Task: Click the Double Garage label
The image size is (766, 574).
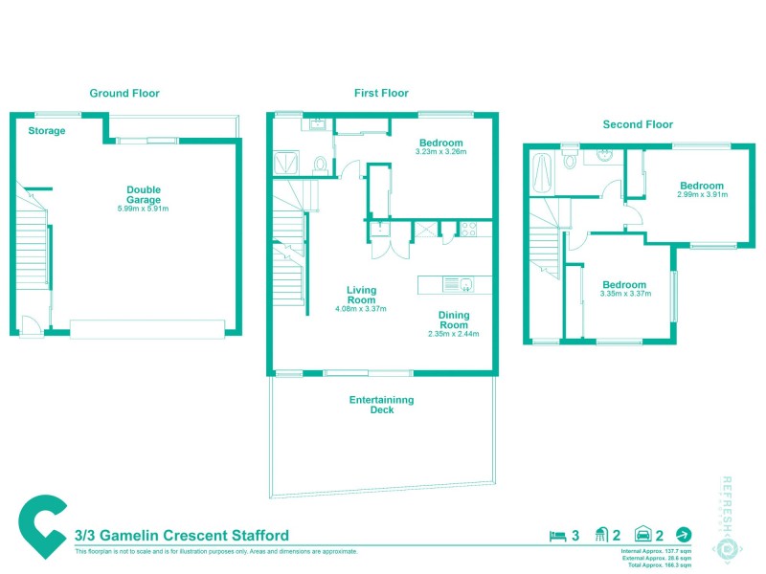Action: pyautogui.click(x=144, y=194)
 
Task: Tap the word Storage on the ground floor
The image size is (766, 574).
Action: pyautogui.click(x=47, y=131)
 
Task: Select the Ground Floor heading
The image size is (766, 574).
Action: pyautogui.click(x=124, y=93)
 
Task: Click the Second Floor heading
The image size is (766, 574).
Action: pyautogui.click(x=638, y=124)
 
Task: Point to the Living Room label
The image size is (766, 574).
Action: pyautogui.click(x=361, y=295)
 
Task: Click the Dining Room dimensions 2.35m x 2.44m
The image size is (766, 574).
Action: pyautogui.click(x=453, y=334)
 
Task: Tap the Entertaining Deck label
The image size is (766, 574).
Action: pyautogui.click(x=382, y=405)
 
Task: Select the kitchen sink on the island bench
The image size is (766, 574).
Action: pyautogui.click(x=466, y=283)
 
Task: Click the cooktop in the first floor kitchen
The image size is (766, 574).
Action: pyautogui.click(x=470, y=229)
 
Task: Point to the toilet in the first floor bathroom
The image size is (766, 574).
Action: pyautogui.click(x=323, y=165)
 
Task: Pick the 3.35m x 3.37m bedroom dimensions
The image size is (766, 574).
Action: pyautogui.click(x=624, y=294)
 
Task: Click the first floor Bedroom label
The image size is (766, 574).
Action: pyautogui.click(x=441, y=143)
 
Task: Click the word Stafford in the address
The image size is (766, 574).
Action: pyautogui.click(x=256, y=536)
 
